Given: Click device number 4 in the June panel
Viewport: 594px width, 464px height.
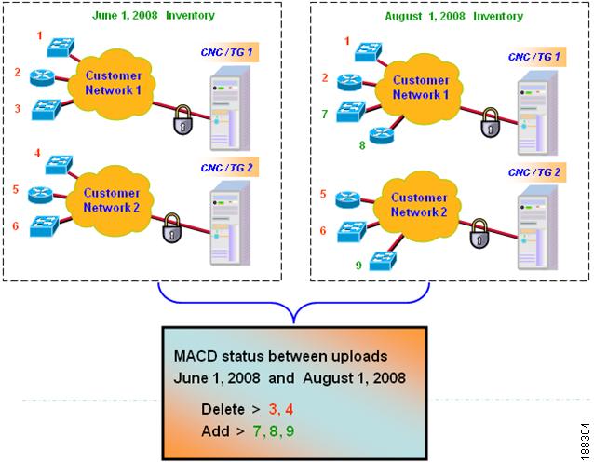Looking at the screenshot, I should click(38, 153).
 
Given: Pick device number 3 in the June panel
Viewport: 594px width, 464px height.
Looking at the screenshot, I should click(18, 109).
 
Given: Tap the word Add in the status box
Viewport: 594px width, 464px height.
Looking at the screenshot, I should click(216, 431).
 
